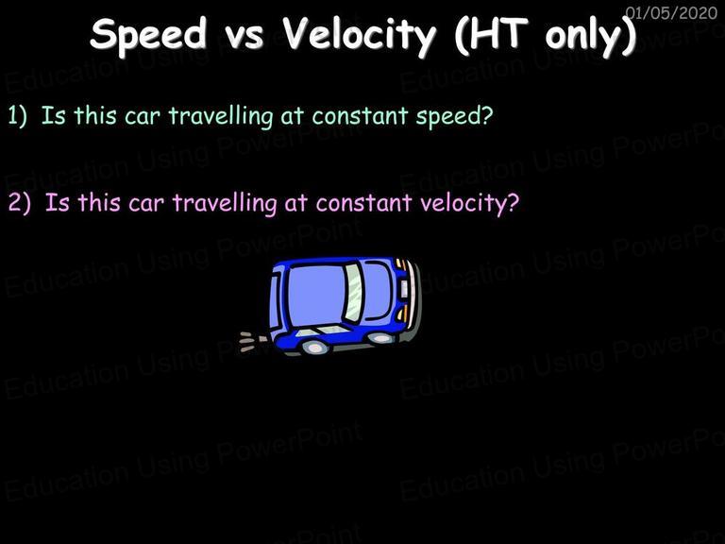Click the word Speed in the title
149,35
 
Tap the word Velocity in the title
360,36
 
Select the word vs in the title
245,37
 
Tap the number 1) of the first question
18,115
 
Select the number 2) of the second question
20,203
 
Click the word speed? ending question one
454,116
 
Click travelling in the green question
221,115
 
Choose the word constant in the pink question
363,203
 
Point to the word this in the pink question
98,203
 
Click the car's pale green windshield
353,293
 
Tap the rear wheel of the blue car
314,347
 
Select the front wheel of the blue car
380,338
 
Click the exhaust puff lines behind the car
252,341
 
